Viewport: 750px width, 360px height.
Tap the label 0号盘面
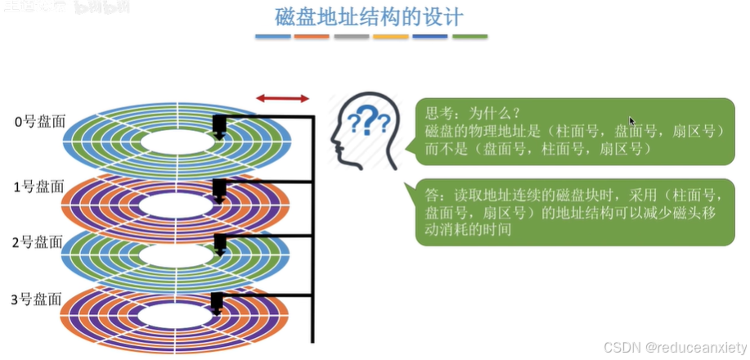click(x=39, y=122)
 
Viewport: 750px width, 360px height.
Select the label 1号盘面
click(x=39, y=186)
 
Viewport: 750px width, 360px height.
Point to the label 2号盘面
click(x=39, y=241)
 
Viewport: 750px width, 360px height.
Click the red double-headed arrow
click(x=283, y=98)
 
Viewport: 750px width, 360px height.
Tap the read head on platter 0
click(x=218, y=128)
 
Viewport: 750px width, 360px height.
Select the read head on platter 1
click(x=218, y=190)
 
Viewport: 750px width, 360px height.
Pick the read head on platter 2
click(x=218, y=244)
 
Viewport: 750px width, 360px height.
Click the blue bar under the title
click(x=272, y=37)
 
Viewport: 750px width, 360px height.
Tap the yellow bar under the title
click(x=391, y=37)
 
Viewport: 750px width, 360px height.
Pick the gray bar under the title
click(x=352, y=37)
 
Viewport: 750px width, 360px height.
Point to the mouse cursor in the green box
click(x=632, y=121)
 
